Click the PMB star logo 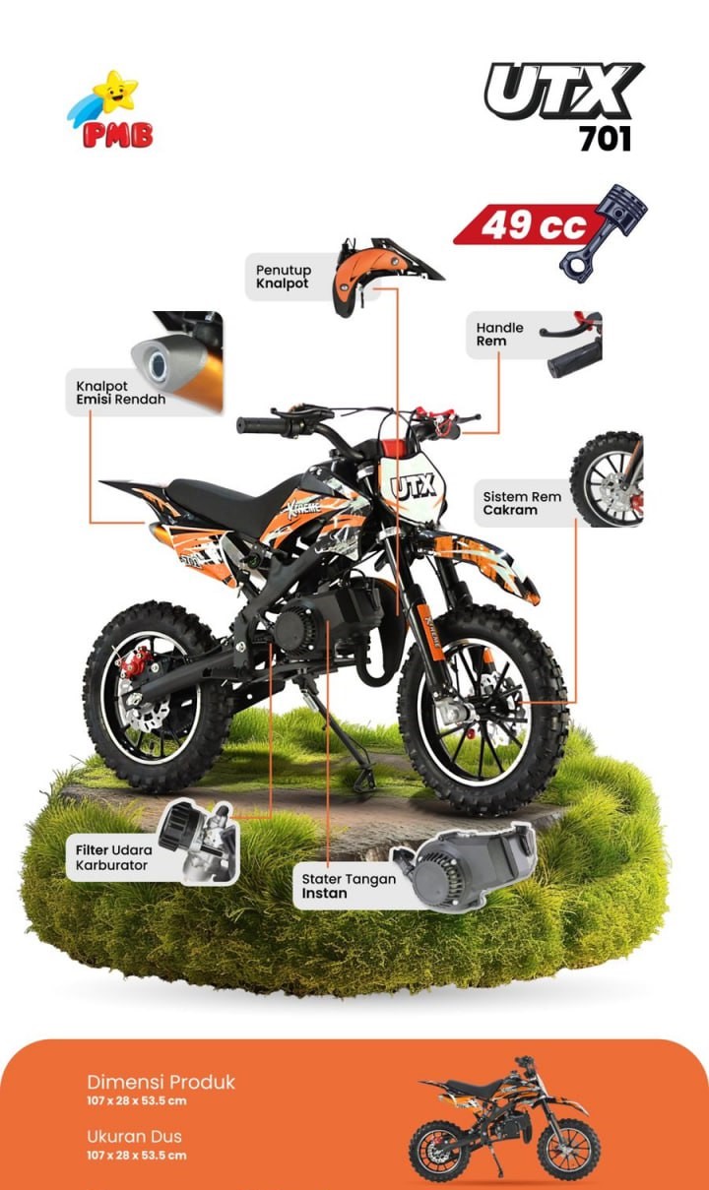click(110, 110)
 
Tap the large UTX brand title click(564, 91)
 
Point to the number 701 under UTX click(605, 139)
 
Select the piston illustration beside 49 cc click(604, 232)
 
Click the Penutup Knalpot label click(284, 277)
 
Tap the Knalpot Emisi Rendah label click(121, 393)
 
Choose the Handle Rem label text click(499, 334)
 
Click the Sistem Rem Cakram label click(522, 503)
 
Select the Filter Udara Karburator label click(114, 857)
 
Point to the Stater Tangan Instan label click(349, 886)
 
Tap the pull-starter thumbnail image click(464, 867)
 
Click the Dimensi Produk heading click(161, 1082)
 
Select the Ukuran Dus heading click(135, 1136)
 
